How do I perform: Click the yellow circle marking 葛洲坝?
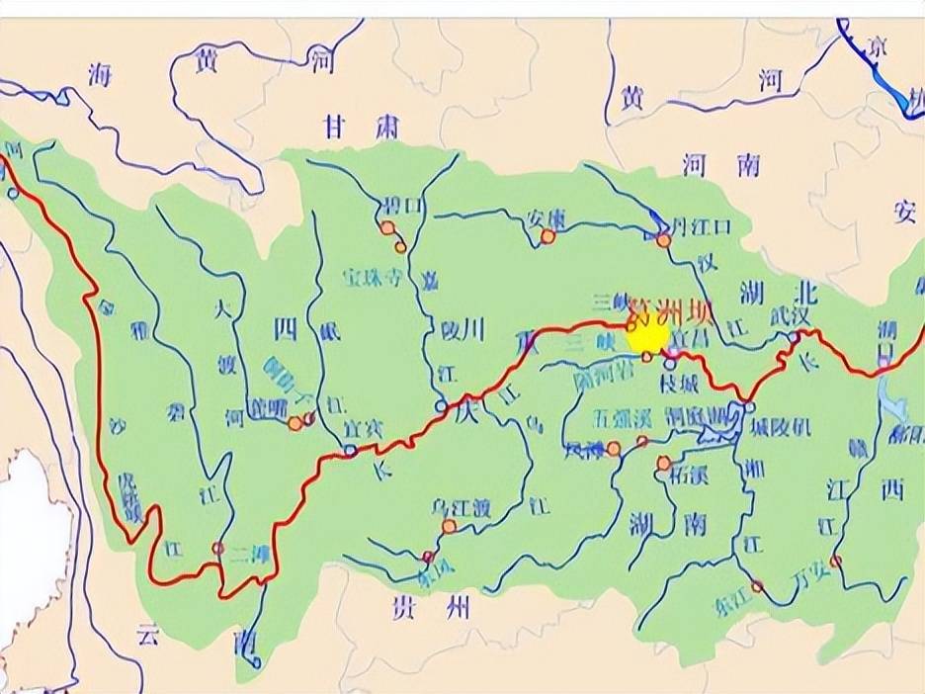pyautogui.click(x=647, y=336)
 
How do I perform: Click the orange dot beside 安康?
pyautogui.click(x=547, y=236)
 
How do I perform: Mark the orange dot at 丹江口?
pyautogui.click(x=663, y=240)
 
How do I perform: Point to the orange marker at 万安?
pyautogui.click(x=836, y=562)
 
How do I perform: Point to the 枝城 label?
pyautogui.click(x=682, y=382)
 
